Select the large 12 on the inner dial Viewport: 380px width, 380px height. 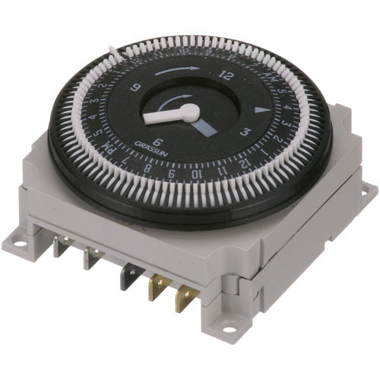click(225, 76)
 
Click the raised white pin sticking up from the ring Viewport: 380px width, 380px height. click(114, 54)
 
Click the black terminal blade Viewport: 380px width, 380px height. click(125, 275)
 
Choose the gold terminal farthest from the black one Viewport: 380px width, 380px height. click(182, 296)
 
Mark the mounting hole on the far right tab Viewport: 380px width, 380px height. click(368, 188)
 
